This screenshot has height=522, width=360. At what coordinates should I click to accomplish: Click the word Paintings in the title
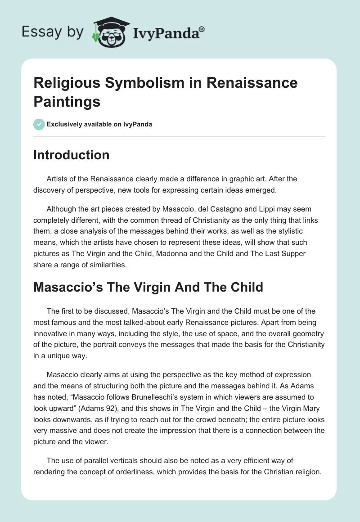[x=67, y=101]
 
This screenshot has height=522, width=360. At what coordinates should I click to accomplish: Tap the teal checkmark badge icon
[x=39, y=124]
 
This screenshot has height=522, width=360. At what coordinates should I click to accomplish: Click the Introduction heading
[x=71, y=155]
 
